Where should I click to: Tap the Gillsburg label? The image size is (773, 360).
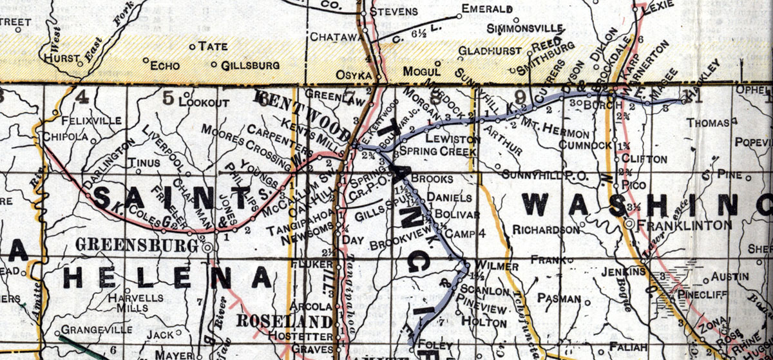tap(250, 66)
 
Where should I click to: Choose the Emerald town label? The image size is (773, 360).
tap(488, 10)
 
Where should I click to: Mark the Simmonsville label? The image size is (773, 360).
tap(526, 30)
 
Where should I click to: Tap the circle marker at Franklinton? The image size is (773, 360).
tap(628, 223)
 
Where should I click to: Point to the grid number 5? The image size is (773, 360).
tap(168, 98)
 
